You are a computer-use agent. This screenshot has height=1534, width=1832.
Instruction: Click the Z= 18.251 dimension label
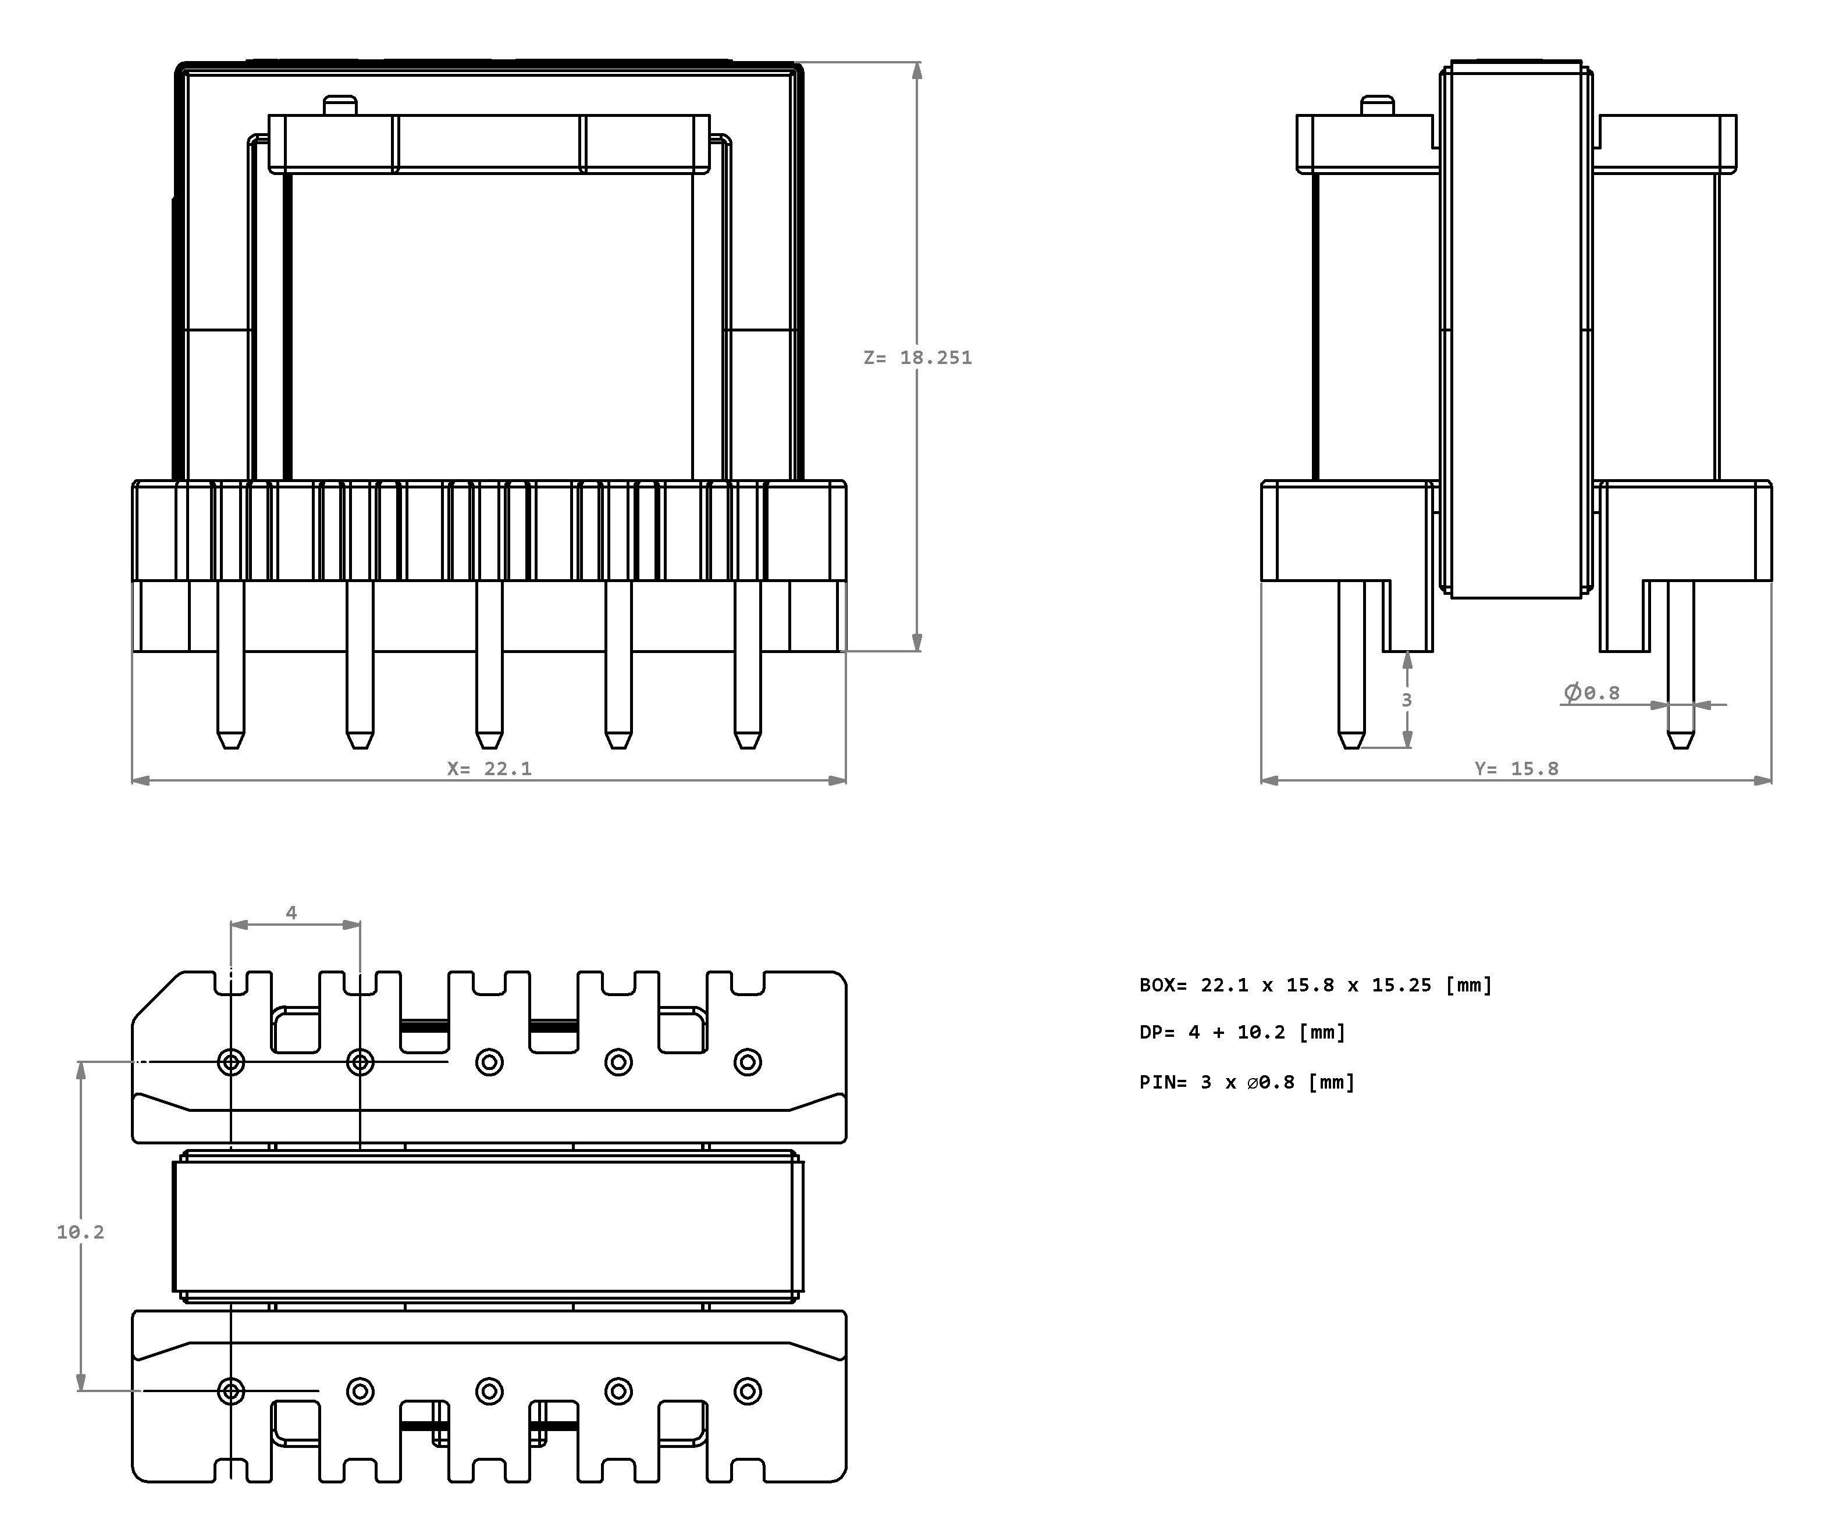tap(917, 358)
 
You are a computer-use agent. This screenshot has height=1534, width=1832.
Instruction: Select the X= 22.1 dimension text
tap(489, 768)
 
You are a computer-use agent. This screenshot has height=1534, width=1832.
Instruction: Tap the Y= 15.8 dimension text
tap(1516, 768)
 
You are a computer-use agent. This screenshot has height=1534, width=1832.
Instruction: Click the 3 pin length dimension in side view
tap(1406, 700)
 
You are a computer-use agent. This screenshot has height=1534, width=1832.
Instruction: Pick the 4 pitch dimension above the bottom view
tap(291, 912)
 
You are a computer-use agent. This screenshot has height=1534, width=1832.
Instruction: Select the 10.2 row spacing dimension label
tap(80, 1232)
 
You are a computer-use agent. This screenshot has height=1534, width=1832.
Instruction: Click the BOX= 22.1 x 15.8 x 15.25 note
tap(1315, 984)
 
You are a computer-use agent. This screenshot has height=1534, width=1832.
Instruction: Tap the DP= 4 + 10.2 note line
tap(1242, 1032)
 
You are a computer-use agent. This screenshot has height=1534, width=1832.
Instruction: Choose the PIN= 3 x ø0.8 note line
tap(1247, 1082)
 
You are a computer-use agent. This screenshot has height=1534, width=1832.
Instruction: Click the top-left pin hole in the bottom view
tap(231, 1062)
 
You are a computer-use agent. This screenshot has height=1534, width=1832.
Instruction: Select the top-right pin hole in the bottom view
tap(748, 1062)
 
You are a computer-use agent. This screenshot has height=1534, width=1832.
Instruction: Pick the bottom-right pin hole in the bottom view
tap(748, 1391)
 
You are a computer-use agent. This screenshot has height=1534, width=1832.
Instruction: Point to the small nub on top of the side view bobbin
tap(1378, 105)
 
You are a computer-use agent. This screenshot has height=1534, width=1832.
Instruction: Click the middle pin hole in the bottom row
tap(489, 1391)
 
